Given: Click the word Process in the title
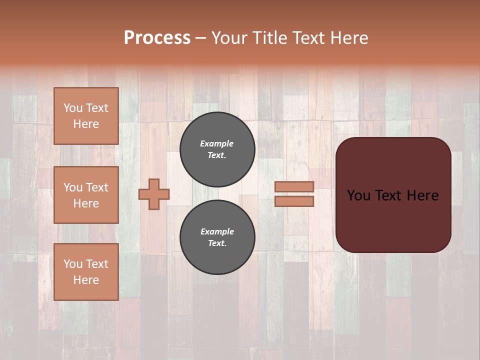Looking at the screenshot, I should point(157,38).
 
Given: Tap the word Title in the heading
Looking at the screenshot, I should point(270,38).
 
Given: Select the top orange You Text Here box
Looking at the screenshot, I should point(86,116).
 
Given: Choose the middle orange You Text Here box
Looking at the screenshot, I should point(86,195).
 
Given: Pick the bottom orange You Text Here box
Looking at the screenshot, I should point(86,272).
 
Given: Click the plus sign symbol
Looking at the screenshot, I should point(154,194).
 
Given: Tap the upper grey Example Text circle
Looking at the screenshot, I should point(217,149).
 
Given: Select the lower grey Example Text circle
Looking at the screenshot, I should point(217,237).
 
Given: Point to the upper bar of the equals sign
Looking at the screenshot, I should point(294,186).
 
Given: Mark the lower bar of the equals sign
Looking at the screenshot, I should point(294,201).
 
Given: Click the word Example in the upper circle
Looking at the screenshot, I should point(216,143).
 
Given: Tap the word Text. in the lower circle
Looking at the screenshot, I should point(217,243).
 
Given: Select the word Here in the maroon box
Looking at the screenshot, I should point(422,195).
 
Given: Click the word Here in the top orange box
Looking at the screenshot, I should point(86,124).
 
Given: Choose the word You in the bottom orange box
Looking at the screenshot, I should point(73,264).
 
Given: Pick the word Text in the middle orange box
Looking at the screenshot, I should point(96,187).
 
